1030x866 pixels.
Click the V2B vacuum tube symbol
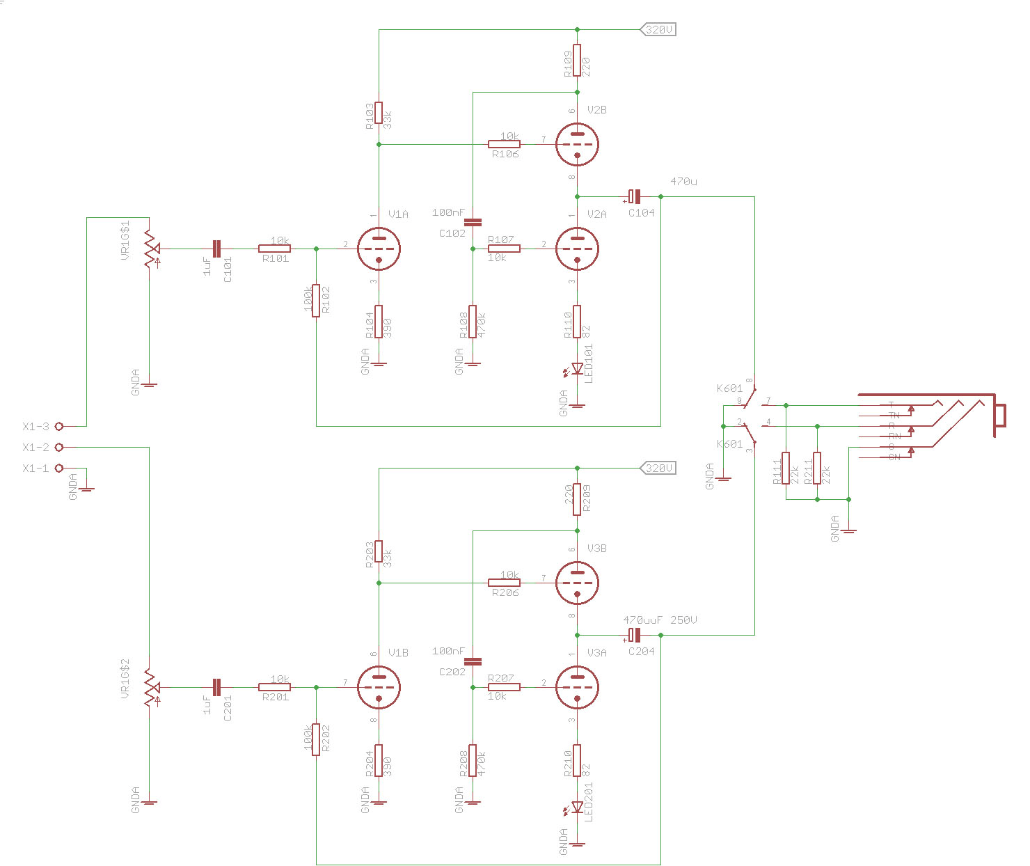click(577, 144)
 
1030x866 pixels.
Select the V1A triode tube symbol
click(379, 249)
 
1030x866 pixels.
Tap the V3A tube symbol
click(577, 687)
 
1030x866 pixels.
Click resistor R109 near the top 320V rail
click(577, 61)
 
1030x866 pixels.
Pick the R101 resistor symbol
click(274, 249)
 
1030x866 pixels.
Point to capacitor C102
click(473, 222)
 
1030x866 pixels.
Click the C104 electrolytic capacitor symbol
click(634, 196)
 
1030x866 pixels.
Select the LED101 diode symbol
click(577, 369)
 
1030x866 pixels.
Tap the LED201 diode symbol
click(577, 808)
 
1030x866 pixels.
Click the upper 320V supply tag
click(658, 29)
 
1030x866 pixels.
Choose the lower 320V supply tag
click(658, 468)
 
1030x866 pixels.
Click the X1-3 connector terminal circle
click(59, 426)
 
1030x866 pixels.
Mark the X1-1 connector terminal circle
click(59, 468)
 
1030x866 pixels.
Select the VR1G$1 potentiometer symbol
click(149, 249)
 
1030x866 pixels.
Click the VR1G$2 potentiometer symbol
click(149, 687)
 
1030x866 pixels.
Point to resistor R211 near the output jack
click(817, 468)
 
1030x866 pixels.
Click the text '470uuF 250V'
click(660, 620)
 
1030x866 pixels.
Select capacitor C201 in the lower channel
click(216, 687)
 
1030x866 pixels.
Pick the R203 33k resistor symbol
click(379, 551)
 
